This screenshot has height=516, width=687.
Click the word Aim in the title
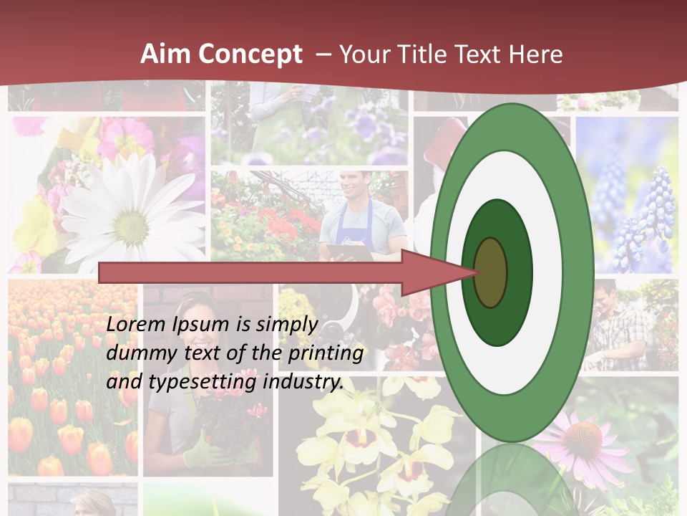(x=165, y=54)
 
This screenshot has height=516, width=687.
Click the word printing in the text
(x=326, y=354)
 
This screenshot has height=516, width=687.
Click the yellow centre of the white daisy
(x=132, y=227)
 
